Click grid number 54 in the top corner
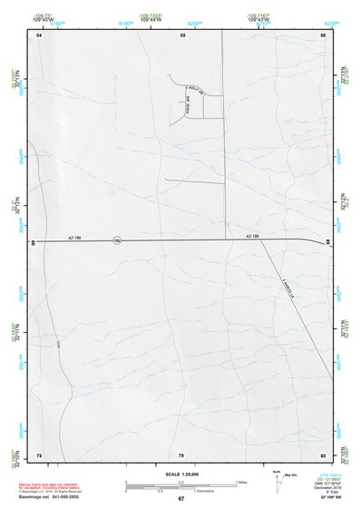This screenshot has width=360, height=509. point(39,34)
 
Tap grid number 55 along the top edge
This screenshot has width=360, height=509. point(182,34)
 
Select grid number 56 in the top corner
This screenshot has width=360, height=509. point(323,34)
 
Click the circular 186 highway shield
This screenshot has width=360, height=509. point(116,240)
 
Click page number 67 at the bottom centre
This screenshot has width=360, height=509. point(180,499)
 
